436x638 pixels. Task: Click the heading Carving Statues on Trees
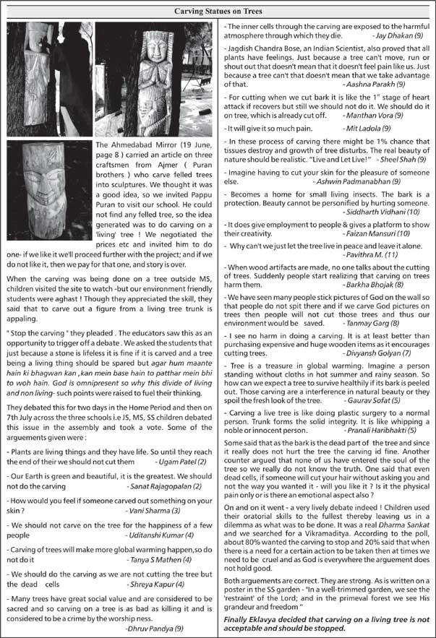[218, 11]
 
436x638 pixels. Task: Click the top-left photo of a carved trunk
[48, 78]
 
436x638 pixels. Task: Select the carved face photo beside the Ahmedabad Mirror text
[49, 190]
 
